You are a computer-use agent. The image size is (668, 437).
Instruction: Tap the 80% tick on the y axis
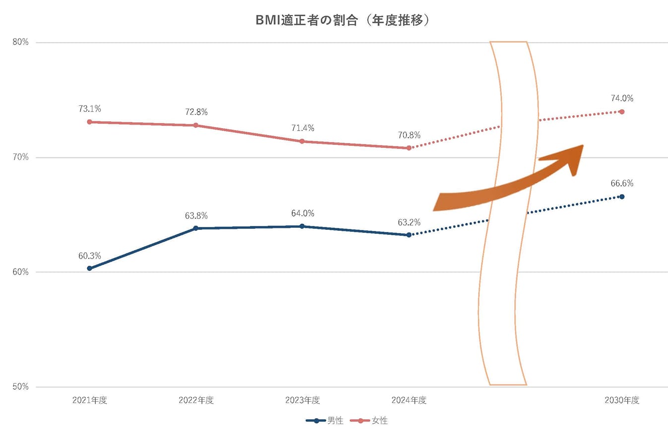[x=20, y=42]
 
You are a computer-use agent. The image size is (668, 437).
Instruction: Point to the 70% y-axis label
[x=20, y=157]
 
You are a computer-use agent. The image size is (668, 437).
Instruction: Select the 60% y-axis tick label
[x=20, y=272]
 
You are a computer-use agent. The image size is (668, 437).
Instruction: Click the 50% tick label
[x=20, y=387]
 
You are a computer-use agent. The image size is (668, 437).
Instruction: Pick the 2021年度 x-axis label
[x=89, y=401]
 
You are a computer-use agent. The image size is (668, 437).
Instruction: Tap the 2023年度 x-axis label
[x=302, y=401]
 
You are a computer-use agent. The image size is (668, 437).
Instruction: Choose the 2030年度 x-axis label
[x=622, y=401]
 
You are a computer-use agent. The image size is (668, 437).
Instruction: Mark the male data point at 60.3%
[x=89, y=268]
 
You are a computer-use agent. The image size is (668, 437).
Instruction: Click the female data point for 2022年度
[x=196, y=125]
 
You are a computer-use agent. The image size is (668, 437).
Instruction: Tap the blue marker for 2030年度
[x=622, y=197]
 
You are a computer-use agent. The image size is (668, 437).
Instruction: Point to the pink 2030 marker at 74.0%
[x=622, y=112]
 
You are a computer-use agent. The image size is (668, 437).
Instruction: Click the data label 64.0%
[x=302, y=214]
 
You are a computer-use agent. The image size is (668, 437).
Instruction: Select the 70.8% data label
[x=409, y=135]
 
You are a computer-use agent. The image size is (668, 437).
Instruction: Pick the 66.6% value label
[x=622, y=183]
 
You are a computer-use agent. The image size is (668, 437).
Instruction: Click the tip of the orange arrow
[x=583, y=146]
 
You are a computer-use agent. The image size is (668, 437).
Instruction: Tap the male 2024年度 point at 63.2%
[x=409, y=235]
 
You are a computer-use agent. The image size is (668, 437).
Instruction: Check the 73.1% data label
[x=89, y=108]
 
